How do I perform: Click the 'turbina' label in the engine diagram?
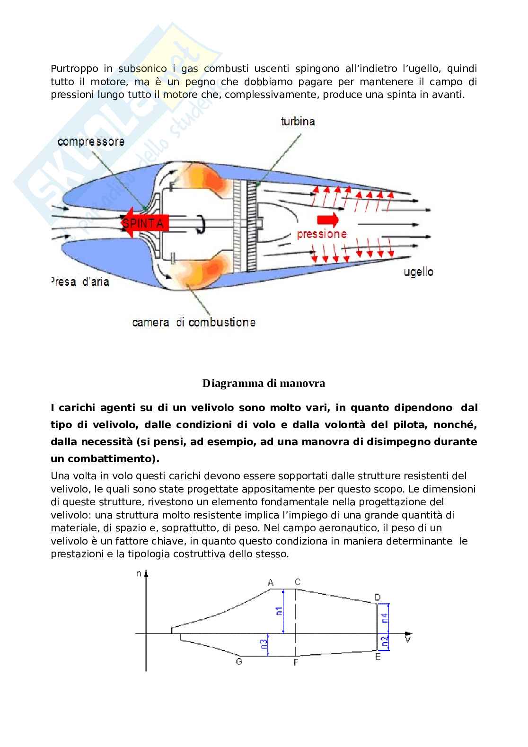[298, 121]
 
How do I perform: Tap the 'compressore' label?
[91, 141]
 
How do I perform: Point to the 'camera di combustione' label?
[194, 322]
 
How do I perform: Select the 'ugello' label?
[418, 272]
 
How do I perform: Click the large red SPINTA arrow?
[144, 223]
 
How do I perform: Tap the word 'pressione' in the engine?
[322, 234]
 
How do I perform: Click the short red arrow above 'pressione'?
[328, 220]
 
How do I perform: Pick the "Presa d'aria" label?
[80, 281]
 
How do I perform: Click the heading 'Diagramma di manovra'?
[264, 383]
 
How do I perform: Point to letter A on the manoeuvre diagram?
[271, 582]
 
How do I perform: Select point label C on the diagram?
[298, 582]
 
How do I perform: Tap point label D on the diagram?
[378, 598]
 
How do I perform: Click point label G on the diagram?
[239, 661]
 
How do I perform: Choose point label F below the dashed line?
[296, 662]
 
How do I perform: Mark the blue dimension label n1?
[279, 611]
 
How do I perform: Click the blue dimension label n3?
[264, 644]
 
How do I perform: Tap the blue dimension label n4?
[385, 617]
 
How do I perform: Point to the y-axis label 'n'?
[139, 574]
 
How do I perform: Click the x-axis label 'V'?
[407, 639]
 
